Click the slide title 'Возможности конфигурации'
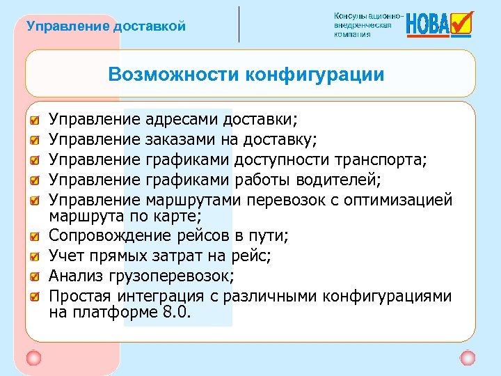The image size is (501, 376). pos(246,75)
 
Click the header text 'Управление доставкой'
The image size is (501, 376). pos(106,27)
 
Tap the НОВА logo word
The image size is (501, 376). pos(427,25)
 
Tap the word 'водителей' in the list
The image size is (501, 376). pos(339,181)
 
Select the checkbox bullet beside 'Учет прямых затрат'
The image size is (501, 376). pos(35,255)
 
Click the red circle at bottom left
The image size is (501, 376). pos(33,358)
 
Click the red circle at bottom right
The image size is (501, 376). pos(468,358)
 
